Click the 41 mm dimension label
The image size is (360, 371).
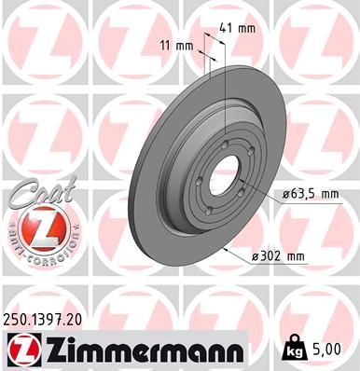pyautogui.click(x=238, y=28)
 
